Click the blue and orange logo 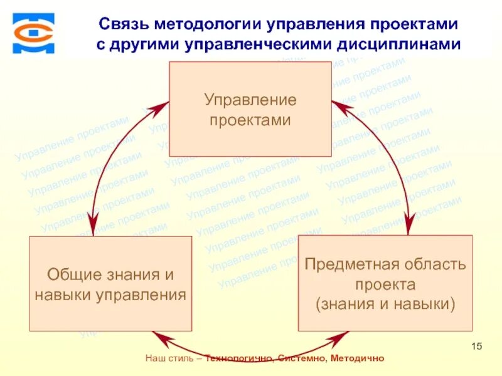[x=33, y=33]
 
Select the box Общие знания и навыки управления [x=110, y=283]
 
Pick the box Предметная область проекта [x=385, y=283]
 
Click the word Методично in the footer [x=356, y=358]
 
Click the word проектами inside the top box [x=250, y=120]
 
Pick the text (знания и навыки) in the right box [x=385, y=305]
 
